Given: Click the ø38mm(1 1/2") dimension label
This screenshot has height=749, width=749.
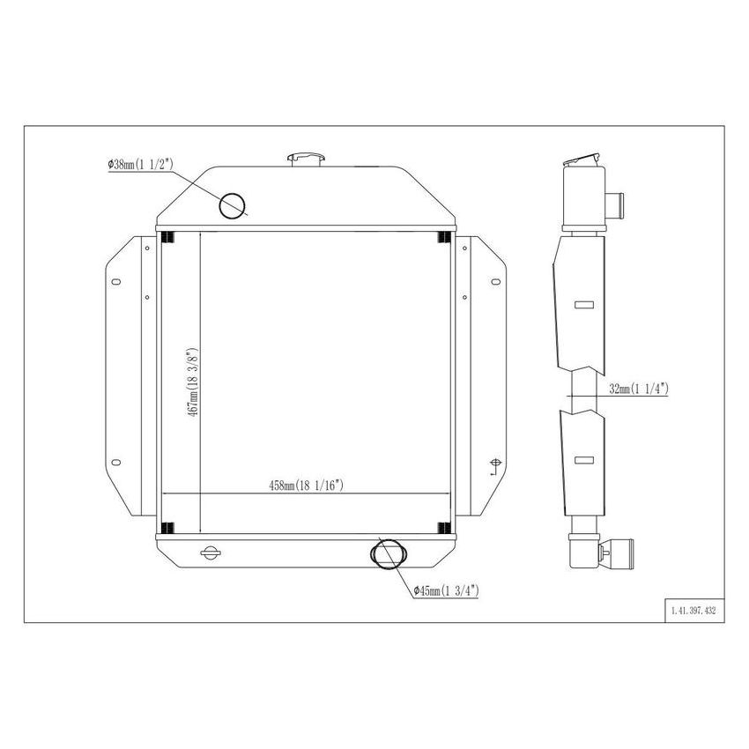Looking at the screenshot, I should click(x=140, y=164).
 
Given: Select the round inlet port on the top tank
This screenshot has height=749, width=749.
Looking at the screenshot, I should click(x=233, y=204).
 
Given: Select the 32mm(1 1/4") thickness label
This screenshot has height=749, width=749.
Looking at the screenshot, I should click(x=639, y=388).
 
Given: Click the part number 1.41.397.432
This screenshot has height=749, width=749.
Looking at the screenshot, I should click(x=693, y=610).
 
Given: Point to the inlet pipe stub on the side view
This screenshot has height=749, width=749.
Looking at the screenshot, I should click(x=617, y=200).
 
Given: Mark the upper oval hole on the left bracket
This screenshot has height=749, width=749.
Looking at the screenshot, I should click(x=115, y=282).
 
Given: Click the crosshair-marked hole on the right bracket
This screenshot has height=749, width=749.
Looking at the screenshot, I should click(x=494, y=464).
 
